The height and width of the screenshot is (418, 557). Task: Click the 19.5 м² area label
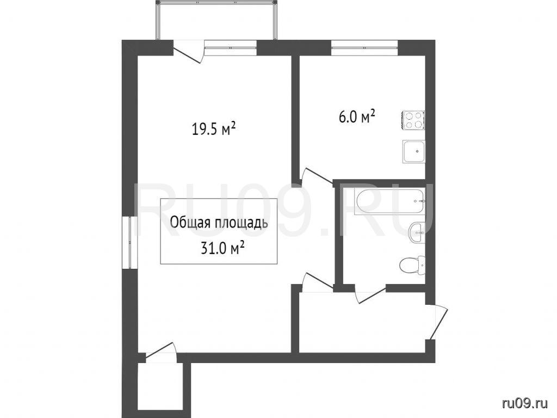coord(214,129)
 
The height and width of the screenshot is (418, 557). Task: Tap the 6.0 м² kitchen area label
coord(357,117)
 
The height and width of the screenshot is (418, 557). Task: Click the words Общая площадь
coord(219,223)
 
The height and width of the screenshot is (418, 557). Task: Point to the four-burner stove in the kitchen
coord(413,120)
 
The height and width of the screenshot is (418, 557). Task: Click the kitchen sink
coord(413,151)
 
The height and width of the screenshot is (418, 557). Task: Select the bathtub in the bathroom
coord(389,201)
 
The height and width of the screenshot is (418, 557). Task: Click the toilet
coord(412,265)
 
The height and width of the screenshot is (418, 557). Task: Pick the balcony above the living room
coord(216,21)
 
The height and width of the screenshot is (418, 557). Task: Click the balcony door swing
coord(188,52)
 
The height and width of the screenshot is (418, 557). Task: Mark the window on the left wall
coord(129,242)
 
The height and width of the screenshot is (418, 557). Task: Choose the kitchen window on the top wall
coord(364,48)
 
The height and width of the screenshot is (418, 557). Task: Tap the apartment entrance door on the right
coord(436,322)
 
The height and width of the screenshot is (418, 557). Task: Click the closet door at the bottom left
coord(160,353)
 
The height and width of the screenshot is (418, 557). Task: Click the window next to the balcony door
coord(231,48)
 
